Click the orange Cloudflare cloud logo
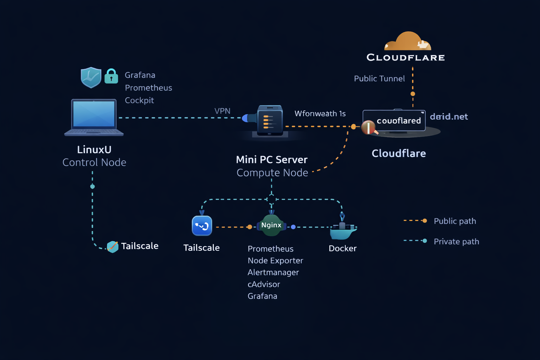point(408,41)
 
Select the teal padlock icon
point(111,76)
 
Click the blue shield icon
point(91,77)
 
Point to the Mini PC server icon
point(270,121)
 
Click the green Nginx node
point(271,225)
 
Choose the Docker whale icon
point(343,229)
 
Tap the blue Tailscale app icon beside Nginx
point(202,226)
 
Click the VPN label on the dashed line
point(223,111)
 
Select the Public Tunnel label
point(379,79)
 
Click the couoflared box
point(394,121)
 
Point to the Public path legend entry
point(455,221)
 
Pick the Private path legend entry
point(456,242)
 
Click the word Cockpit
point(140,101)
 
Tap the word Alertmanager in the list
point(273,272)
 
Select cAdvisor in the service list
point(264,284)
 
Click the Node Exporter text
point(275,261)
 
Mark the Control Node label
point(94,162)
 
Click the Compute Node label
point(272,173)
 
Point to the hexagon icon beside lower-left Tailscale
point(112,246)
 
